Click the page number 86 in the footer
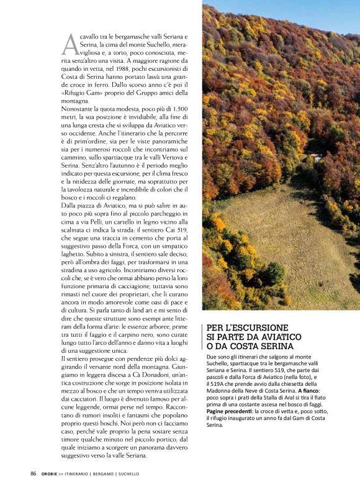tap(34, 473)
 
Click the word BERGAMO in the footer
tap(101, 473)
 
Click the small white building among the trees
tap(317, 158)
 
